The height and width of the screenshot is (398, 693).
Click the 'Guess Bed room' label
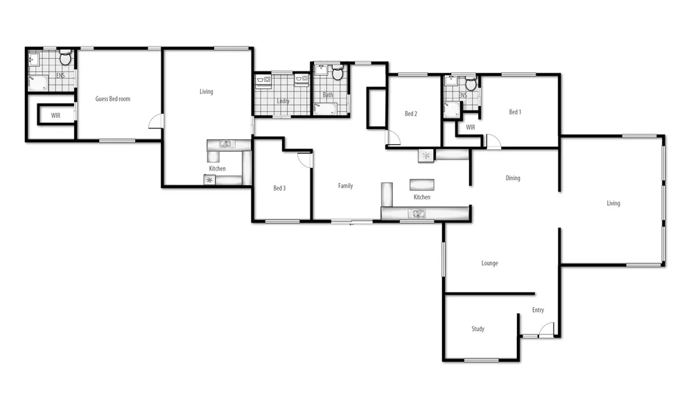pos(112,99)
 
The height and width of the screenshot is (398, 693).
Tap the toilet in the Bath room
pos(338,73)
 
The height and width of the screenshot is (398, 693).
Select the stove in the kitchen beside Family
pos(426,156)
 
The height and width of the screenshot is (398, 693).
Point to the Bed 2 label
pos(411,114)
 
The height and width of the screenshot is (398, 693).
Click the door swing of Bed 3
pos(304,159)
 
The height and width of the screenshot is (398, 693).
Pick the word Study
pos(477,329)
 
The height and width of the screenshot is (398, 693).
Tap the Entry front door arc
pos(546,329)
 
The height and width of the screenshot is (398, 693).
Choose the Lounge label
pos(489,263)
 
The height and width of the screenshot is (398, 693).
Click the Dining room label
pos(512,178)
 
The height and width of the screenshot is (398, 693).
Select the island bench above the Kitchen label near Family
pos(421,185)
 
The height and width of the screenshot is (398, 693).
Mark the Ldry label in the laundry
pos(283,101)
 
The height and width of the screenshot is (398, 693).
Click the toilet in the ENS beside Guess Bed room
pos(65,57)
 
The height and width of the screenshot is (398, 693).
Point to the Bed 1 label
pos(515,112)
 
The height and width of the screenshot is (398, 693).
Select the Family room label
pos(345,186)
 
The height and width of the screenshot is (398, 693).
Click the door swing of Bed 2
pos(393,138)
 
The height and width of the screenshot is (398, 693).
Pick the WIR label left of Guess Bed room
pos(55,116)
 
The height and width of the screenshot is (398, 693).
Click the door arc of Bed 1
pos(493,141)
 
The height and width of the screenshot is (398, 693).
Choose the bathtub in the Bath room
pos(326,108)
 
